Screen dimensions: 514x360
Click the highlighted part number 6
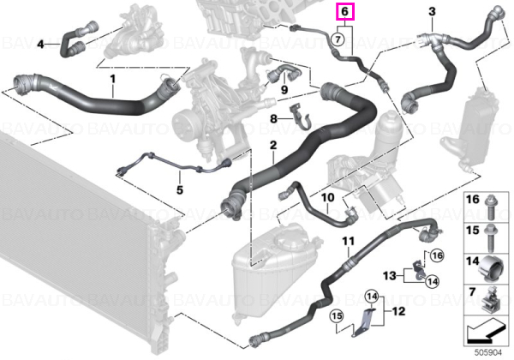(x=344, y=11)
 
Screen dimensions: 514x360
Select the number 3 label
(x=432, y=11)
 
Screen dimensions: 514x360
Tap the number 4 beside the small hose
(x=40, y=44)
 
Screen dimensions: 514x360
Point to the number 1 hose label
(x=113, y=79)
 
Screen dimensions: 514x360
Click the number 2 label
(x=273, y=145)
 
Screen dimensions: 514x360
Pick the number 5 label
(x=180, y=189)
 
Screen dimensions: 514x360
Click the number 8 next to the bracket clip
(x=274, y=118)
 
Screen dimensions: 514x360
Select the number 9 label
(x=284, y=89)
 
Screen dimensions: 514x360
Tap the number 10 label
(x=327, y=197)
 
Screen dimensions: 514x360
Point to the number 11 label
(x=349, y=242)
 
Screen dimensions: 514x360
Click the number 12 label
(x=398, y=311)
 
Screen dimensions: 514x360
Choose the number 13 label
(x=390, y=275)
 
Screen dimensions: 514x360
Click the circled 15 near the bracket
(x=337, y=316)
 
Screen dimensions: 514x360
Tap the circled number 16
(x=437, y=255)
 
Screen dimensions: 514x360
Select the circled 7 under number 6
(x=338, y=39)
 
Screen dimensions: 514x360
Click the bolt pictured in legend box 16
(x=491, y=207)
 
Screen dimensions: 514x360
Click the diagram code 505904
(x=488, y=353)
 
